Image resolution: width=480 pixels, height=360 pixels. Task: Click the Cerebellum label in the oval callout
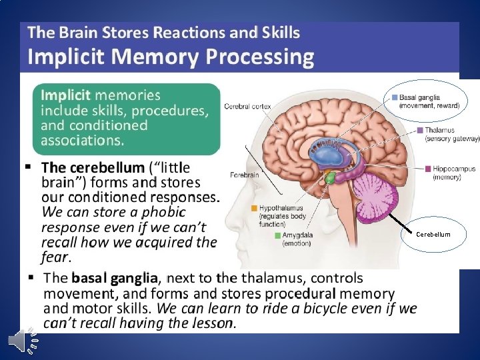click(x=433, y=234)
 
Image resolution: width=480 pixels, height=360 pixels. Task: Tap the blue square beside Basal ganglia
click(x=395, y=97)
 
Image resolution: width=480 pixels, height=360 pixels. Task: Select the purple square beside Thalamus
click(x=419, y=130)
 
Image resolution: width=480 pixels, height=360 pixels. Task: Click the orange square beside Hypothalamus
click(x=254, y=208)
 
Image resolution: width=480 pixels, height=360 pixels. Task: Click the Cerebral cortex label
click(x=247, y=105)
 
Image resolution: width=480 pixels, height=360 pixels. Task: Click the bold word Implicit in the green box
click(x=66, y=95)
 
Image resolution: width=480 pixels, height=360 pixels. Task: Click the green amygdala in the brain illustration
click(x=329, y=178)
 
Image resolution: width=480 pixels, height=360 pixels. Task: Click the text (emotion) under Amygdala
click(x=296, y=243)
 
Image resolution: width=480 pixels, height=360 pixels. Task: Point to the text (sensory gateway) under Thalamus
click(x=452, y=139)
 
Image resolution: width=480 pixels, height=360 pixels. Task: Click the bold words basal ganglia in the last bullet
click(x=115, y=278)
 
